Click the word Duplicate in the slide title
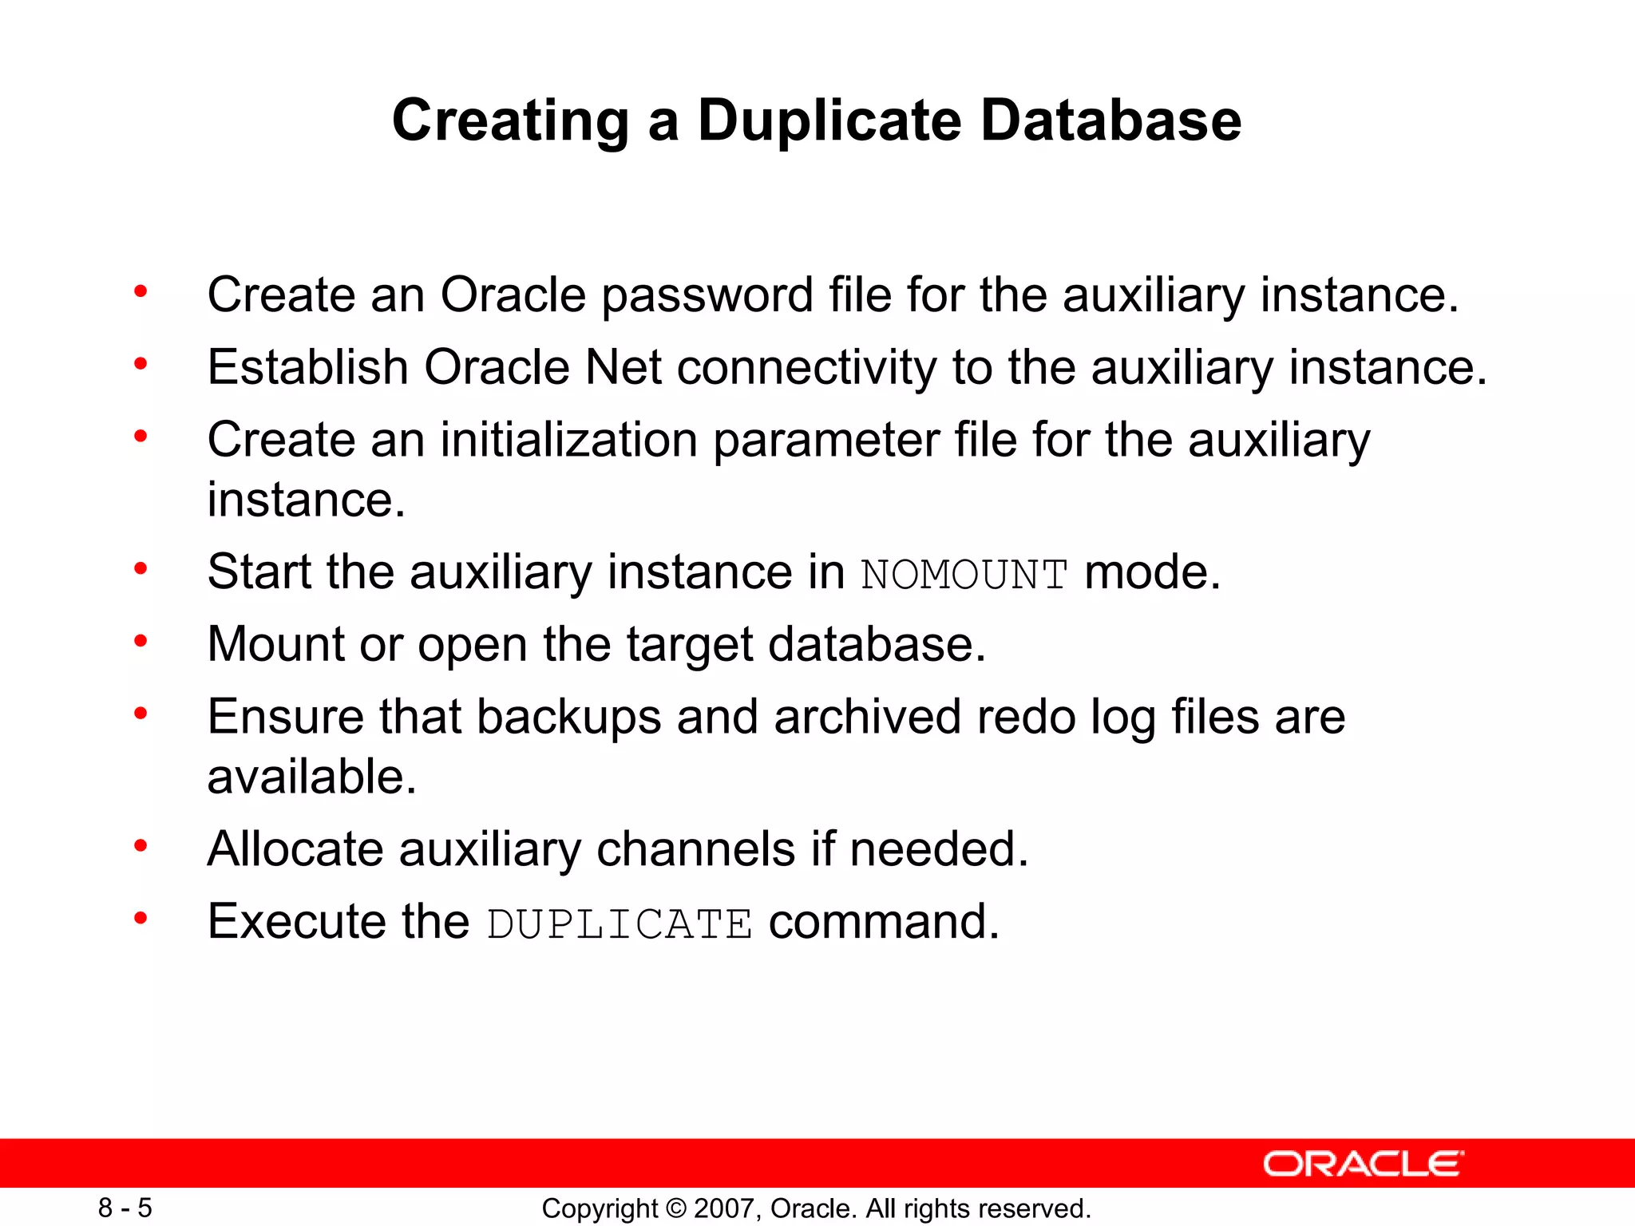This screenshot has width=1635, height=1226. (829, 121)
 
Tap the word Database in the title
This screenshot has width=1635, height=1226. (1110, 121)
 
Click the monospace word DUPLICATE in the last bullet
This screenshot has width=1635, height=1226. (620, 924)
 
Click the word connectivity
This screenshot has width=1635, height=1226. (806, 368)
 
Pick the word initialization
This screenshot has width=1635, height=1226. (569, 440)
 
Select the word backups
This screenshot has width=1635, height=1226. (568, 716)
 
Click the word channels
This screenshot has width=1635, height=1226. (696, 848)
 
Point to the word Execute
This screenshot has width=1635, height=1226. (298, 921)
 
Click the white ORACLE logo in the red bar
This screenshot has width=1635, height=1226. (1363, 1164)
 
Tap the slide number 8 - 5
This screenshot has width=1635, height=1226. (125, 1208)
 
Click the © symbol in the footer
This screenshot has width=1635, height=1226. (675, 1208)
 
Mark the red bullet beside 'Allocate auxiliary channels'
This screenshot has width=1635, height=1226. (141, 845)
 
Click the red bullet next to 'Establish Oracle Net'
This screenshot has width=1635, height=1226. (141, 365)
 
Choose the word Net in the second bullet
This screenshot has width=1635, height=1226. (623, 368)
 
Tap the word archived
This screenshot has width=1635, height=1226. (867, 716)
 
